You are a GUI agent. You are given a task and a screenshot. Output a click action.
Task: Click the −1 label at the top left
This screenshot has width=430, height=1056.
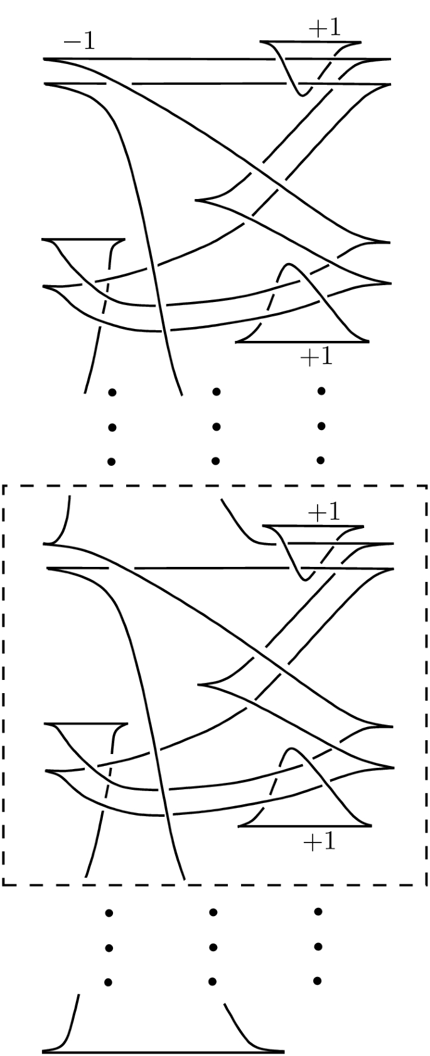coord(79,41)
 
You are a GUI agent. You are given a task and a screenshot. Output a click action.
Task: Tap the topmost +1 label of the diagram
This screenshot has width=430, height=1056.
coord(325,30)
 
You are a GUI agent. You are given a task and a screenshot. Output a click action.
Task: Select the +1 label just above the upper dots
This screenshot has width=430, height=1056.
coord(316,357)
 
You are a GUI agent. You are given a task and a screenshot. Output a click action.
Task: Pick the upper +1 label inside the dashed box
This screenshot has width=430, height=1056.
coord(324,513)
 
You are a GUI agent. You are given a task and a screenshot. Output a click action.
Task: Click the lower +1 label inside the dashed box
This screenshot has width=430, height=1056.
coord(320,841)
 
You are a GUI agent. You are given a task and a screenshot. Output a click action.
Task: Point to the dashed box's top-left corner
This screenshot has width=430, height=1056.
coord(4,485)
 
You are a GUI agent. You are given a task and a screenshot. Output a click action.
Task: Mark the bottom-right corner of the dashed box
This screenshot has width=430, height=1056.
coord(427,885)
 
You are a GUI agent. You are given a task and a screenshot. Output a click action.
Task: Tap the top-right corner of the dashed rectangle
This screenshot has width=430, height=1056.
coord(427,485)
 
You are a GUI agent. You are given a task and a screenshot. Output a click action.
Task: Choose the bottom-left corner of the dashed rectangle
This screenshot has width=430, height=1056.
coord(4,885)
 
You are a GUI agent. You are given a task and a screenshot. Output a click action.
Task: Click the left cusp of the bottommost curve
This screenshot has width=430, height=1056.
coord(44,1051)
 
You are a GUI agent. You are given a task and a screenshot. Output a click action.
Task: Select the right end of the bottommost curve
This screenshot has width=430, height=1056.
coord(284,1051)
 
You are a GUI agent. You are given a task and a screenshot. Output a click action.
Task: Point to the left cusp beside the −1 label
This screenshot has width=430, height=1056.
coord(44,60)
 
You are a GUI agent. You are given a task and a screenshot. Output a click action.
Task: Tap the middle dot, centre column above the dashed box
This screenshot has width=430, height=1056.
coord(216,427)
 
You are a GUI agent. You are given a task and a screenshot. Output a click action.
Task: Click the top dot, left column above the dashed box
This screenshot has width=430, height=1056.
coord(112,393)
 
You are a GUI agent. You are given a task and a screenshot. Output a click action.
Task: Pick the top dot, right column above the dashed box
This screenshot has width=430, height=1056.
coord(321,391)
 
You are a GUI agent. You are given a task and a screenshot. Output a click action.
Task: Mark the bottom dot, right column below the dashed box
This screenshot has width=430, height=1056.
coord(318,980)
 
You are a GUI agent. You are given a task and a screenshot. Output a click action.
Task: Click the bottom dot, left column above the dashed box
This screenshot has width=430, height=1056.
coord(112,461)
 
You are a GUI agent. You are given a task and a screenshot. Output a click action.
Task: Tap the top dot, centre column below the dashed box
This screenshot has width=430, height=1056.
coord(213,912)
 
